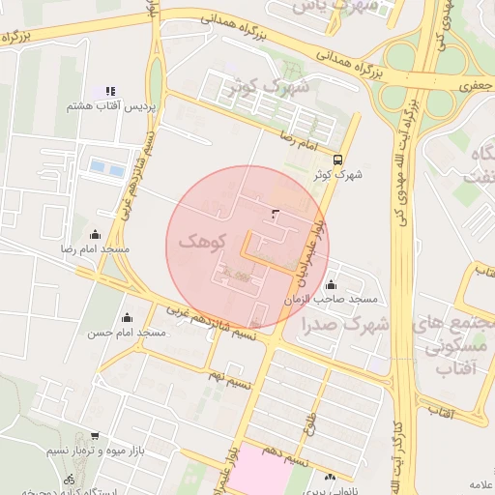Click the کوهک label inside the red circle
pos(203,242)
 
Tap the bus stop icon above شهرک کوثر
pos(336,160)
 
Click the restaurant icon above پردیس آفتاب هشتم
pos(110,90)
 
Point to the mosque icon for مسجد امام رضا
pos(95,234)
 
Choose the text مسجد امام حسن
pos(127,333)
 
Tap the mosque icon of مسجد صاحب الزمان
pos(332,285)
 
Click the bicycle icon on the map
pos(69,479)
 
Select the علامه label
pos(480,483)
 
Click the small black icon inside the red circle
pos(276,213)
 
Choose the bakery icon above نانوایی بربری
pos(332,476)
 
